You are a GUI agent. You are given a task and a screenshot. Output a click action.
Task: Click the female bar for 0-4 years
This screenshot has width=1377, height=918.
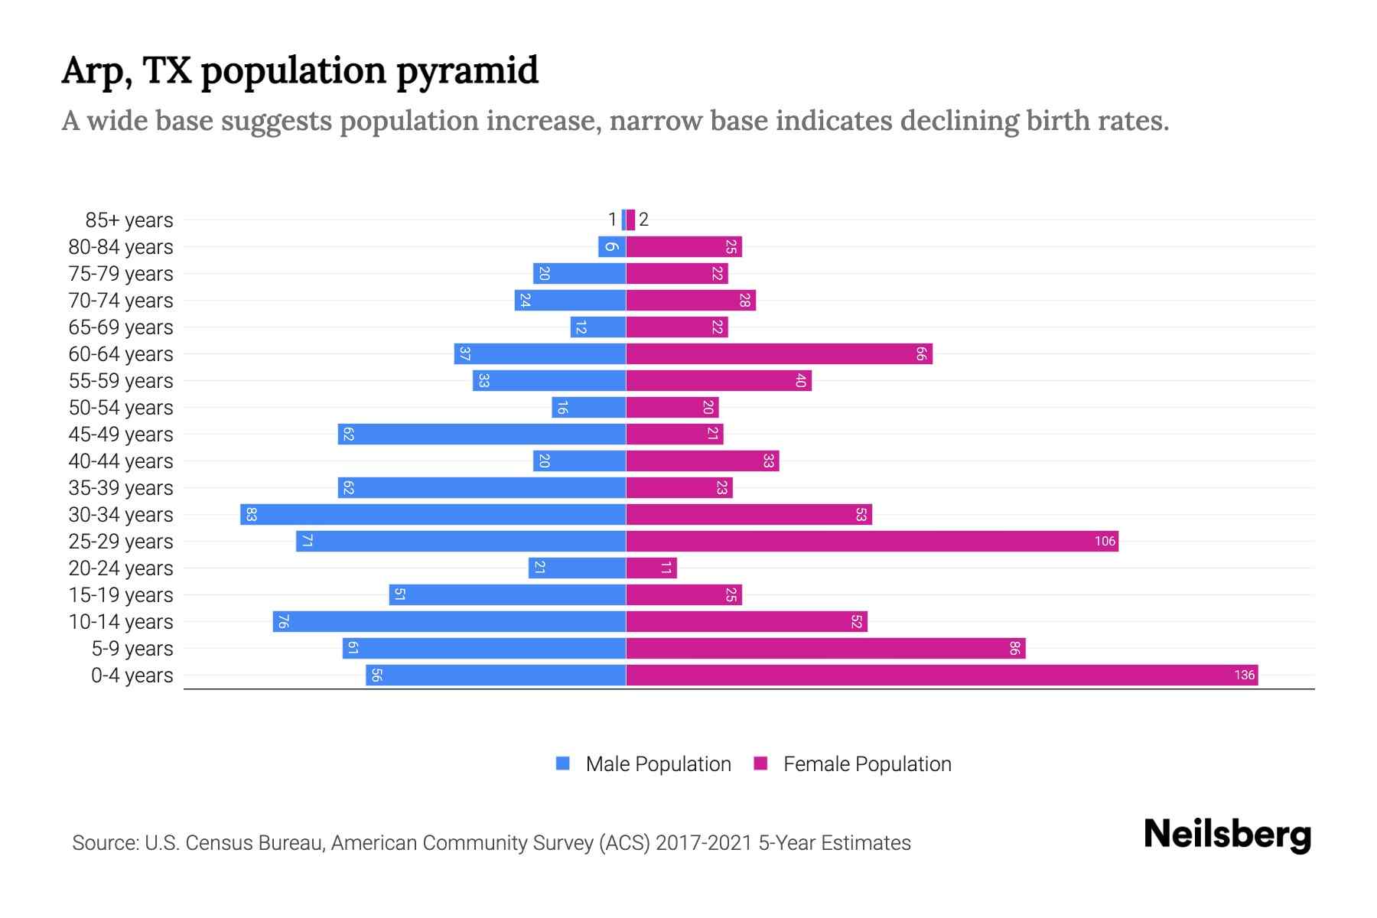[941, 675]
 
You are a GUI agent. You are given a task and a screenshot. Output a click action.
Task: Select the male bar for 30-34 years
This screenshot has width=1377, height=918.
[433, 514]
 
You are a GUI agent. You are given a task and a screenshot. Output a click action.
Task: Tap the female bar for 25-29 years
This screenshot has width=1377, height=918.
[872, 541]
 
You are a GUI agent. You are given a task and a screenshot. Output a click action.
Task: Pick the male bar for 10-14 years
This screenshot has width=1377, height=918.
[449, 621]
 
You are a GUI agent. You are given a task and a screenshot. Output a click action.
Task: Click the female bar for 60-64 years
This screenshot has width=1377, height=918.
[779, 353]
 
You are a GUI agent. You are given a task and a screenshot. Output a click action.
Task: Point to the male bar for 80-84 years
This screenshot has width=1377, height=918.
[612, 246]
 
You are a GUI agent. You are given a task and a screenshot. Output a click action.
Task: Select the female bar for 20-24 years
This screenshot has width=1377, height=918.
[651, 568]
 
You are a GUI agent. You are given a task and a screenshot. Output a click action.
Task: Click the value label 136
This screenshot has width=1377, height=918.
[1244, 675]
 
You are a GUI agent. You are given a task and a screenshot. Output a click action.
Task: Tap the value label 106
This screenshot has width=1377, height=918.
[1104, 541]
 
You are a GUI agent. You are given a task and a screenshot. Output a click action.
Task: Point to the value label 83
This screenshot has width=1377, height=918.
[251, 514]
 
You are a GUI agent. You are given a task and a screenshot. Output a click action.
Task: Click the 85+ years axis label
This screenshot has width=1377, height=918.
[129, 220]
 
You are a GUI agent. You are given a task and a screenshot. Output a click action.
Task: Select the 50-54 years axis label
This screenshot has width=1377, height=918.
[121, 408]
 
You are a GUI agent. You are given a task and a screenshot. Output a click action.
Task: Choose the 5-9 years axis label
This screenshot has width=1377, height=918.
[132, 649]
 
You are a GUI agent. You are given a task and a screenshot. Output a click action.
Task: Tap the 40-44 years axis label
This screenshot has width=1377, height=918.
[121, 461]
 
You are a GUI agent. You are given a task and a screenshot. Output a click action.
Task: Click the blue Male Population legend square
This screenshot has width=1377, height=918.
[563, 763]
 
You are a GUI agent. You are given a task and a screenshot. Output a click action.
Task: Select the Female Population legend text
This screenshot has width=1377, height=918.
[867, 763]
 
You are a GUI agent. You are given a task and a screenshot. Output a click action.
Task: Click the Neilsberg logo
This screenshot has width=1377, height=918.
[1227, 835]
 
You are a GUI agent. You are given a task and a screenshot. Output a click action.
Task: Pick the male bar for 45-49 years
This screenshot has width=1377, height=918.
[482, 434]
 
